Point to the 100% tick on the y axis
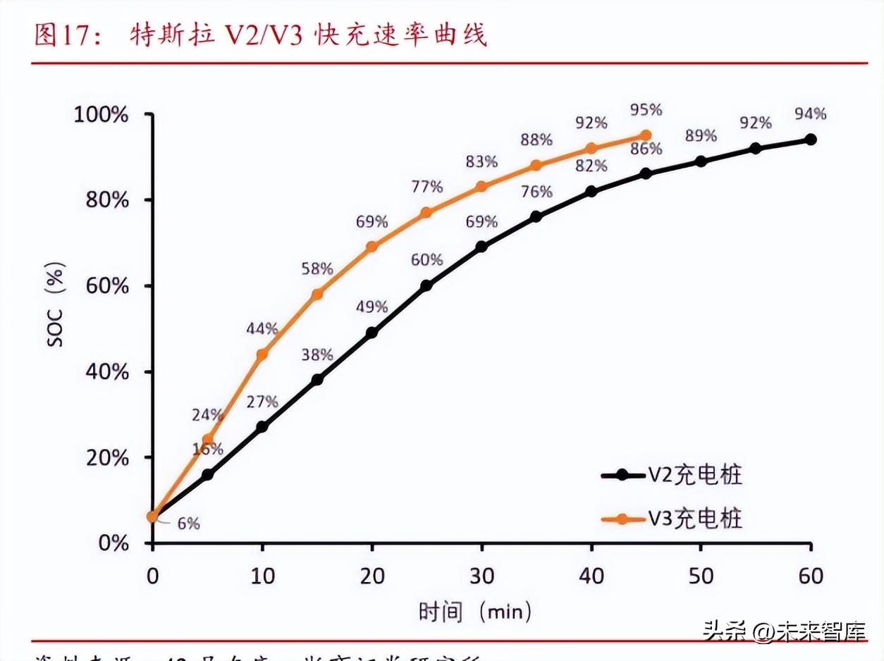102,114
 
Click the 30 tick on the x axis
481,576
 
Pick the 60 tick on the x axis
811,576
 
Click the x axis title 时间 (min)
476,611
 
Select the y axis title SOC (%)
56,304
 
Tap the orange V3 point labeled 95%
646,135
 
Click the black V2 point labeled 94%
811,140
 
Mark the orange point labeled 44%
262,354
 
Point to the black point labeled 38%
317,379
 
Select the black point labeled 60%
426,285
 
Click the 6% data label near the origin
188,524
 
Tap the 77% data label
426,187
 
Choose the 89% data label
701,135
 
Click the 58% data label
317,268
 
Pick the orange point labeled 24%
207,440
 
